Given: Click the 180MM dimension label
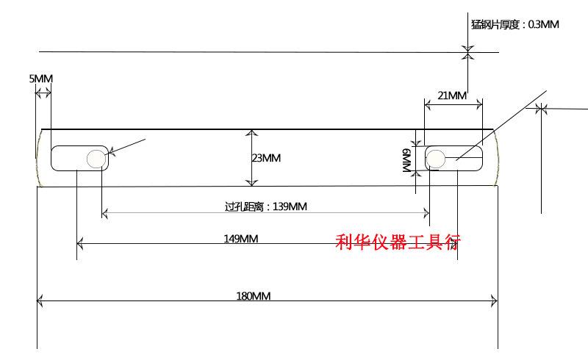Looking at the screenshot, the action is tap(253, 296).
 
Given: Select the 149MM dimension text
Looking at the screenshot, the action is tap(241, 239).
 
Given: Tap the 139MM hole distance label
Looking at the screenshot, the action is tap(266, 206).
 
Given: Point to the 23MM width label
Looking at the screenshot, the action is tap(266, 158).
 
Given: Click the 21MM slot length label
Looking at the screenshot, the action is tap(452, 96).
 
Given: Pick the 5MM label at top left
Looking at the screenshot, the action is tap(41, 79).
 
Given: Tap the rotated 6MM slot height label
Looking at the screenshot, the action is tap(407, 160).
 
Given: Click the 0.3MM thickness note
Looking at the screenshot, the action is tap(515, 24).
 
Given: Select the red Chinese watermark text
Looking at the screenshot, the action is tap(398, 242).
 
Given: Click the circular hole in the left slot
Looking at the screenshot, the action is tap(96, 159).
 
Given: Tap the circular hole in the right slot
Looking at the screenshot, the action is tap(436, 159).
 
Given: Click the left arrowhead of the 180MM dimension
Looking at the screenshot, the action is tap(40, 300).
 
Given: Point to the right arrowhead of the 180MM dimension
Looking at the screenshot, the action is tap(495, 300).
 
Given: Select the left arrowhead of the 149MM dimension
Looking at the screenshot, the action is tap(79, 244).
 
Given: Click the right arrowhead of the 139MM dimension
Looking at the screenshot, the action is tap(426, 213).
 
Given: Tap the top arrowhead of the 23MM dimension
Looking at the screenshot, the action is tap(251, 133).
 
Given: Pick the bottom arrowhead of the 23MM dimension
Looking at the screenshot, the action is tap(251, 183).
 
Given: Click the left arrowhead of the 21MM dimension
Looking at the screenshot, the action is tap(428, 105).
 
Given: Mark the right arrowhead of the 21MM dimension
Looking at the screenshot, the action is tap(479, 105).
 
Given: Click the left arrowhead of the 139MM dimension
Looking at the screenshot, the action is tap(105, 213).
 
